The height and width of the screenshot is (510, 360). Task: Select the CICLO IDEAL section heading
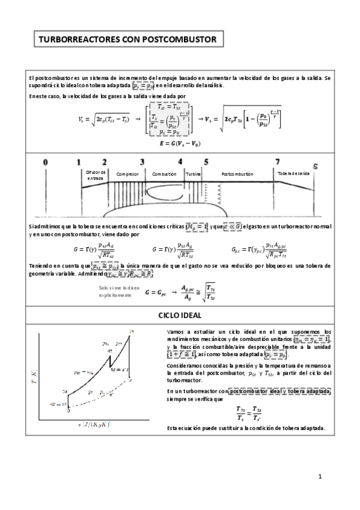tap(180, 316)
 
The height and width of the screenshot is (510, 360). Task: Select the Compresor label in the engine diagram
tap(127, 174)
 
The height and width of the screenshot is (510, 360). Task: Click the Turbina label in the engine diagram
tap(193, 174)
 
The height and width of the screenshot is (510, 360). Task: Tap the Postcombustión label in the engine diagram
tap(238, 174)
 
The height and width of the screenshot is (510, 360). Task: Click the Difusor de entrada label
tap(96, 174)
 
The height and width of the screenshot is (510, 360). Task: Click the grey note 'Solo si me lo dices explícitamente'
tap(117, 292)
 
